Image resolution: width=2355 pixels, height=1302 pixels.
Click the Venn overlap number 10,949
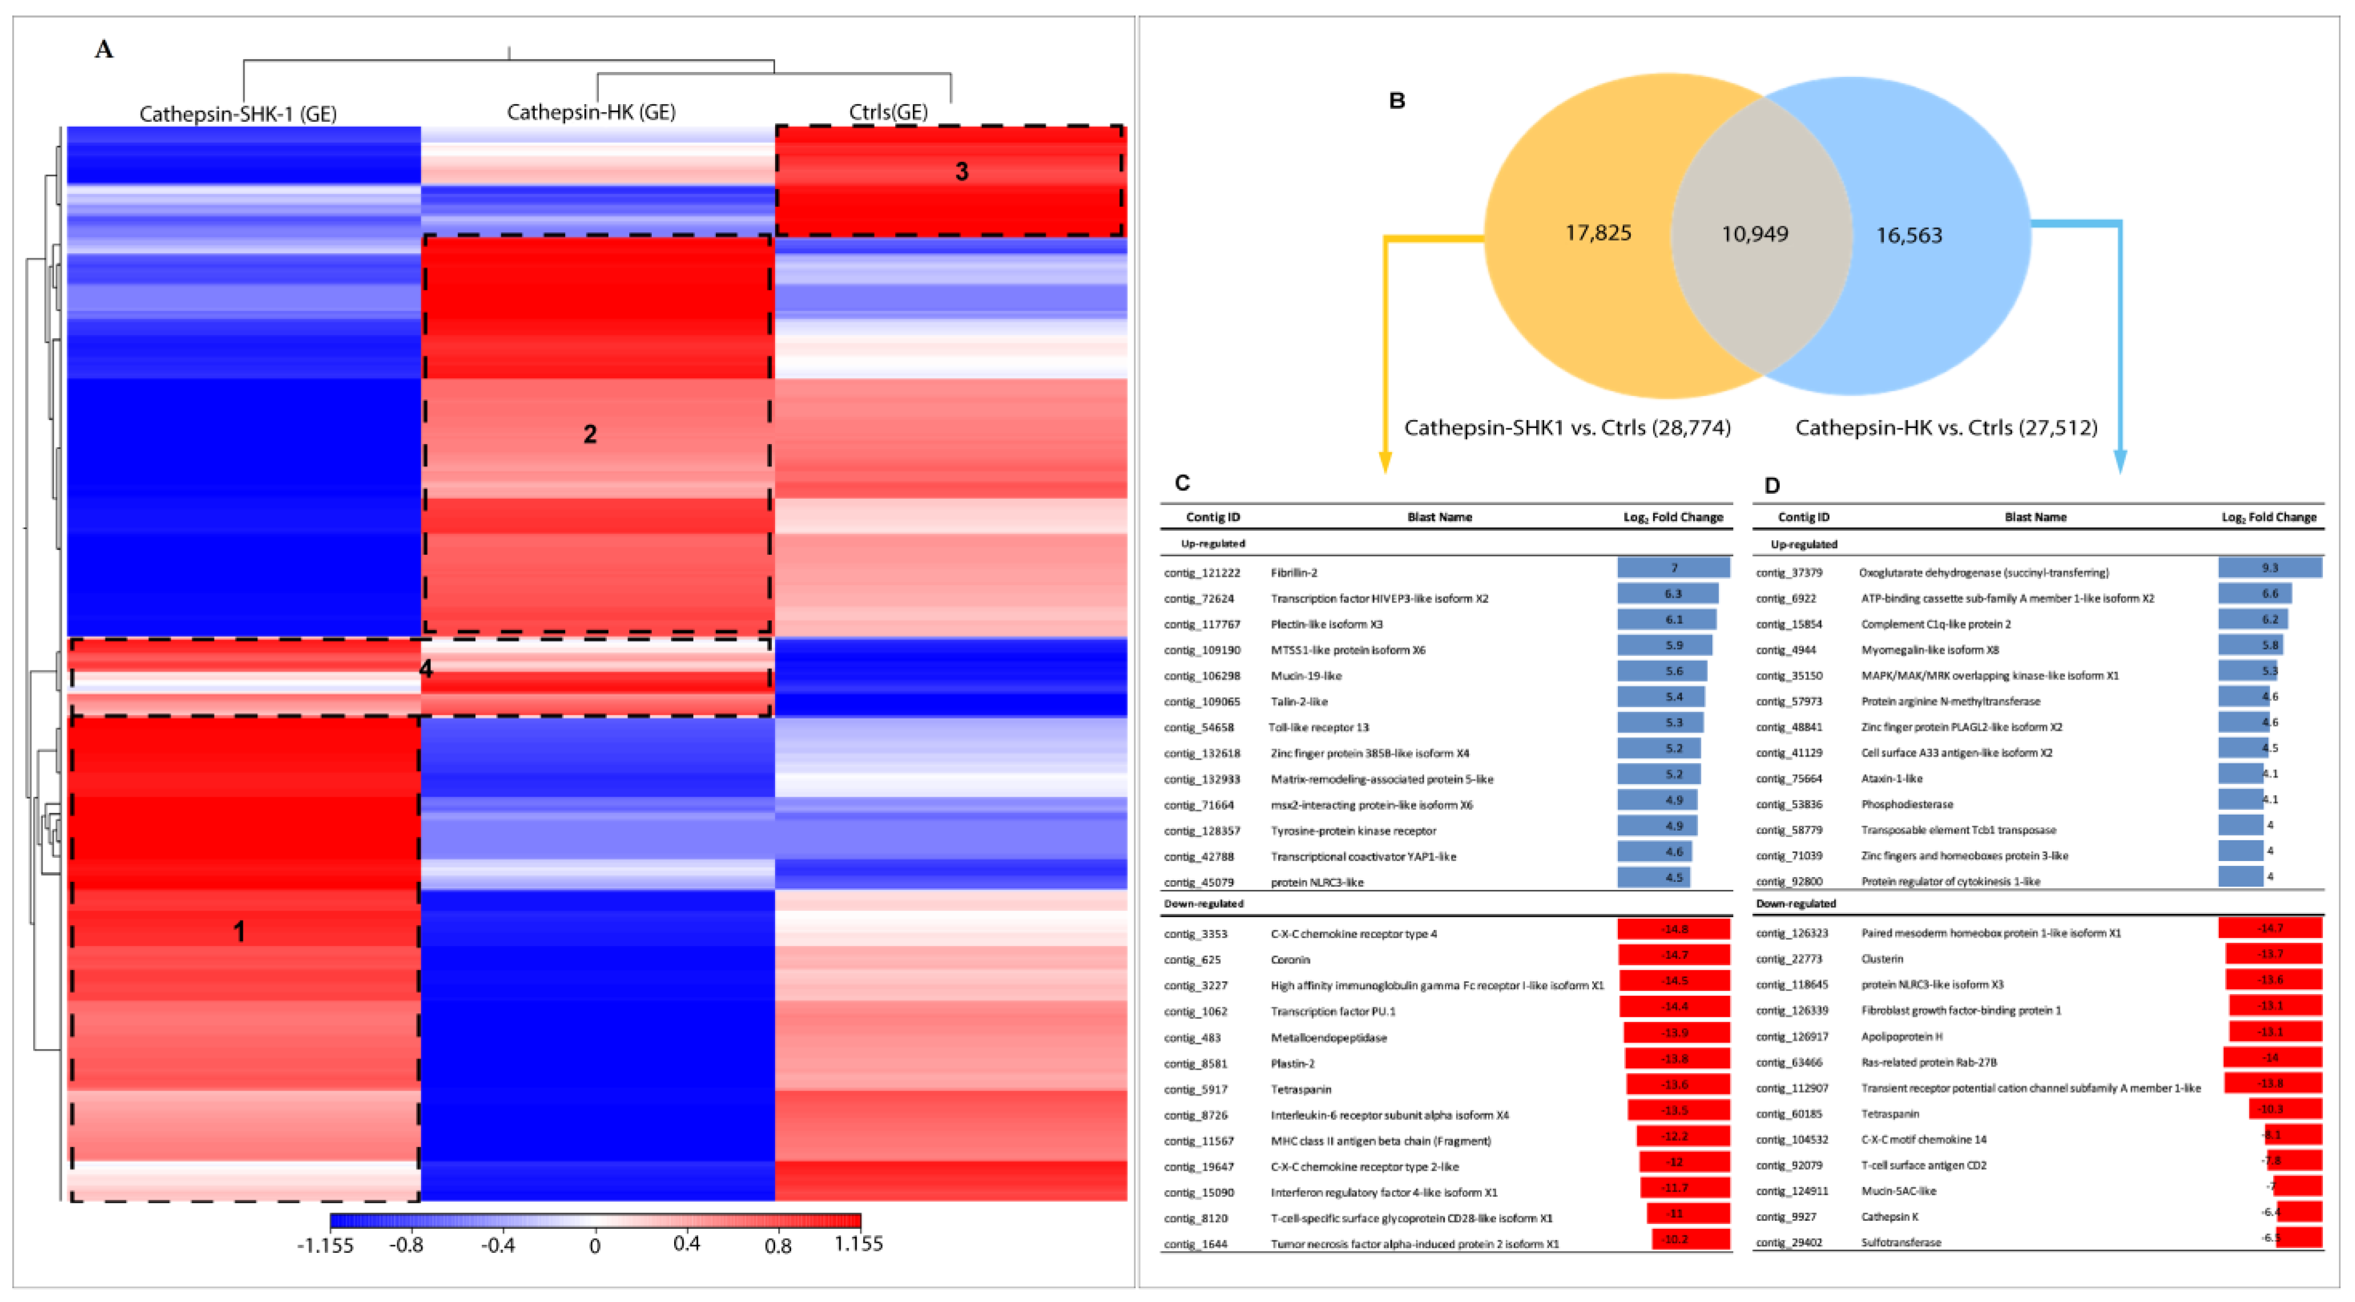(x=1755, y=234)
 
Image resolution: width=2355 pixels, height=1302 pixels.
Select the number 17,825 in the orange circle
(x=1598, y=233)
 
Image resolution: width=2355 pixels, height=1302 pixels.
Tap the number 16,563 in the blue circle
(x=1909, y=235)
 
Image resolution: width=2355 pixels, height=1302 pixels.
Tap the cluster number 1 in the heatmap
(x=239, y=932)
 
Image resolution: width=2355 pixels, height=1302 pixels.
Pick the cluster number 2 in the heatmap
(x=590, y=435)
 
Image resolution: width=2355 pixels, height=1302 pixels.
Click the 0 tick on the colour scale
(x=595, y=1245)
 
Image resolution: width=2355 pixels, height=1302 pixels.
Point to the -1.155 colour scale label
(x=325, y=1245)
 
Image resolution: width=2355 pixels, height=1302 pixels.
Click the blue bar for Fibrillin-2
(x=1673, y=568)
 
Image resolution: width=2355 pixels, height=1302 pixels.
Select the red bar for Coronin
(x=1673, y=954)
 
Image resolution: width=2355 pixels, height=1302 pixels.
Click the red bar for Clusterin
(x=2273, y=953)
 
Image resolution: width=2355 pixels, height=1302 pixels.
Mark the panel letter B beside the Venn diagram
(x=1397, y=100)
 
